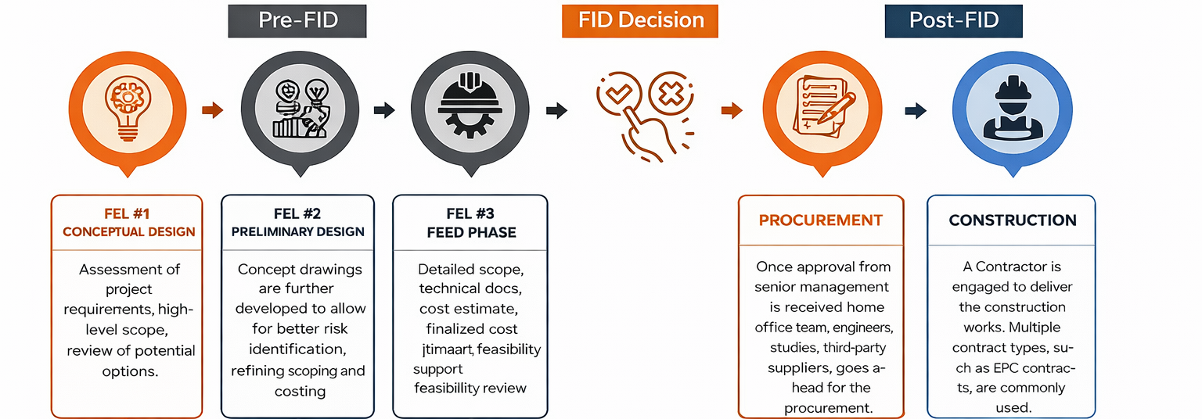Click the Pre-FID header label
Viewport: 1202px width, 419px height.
tap(298, 20)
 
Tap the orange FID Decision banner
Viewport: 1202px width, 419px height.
tap(641, 20)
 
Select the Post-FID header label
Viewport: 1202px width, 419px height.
tap(953, 20)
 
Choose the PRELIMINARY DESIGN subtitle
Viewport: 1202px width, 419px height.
tap(298, 231)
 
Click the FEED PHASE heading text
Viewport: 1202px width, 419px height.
tap(471, 232)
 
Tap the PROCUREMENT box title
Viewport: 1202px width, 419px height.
tap(820, 220)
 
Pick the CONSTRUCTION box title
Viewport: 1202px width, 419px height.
tap(1013, 220)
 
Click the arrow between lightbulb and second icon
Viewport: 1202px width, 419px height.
tap(212, 110)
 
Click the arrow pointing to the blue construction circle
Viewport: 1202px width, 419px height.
tap(916, 111)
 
